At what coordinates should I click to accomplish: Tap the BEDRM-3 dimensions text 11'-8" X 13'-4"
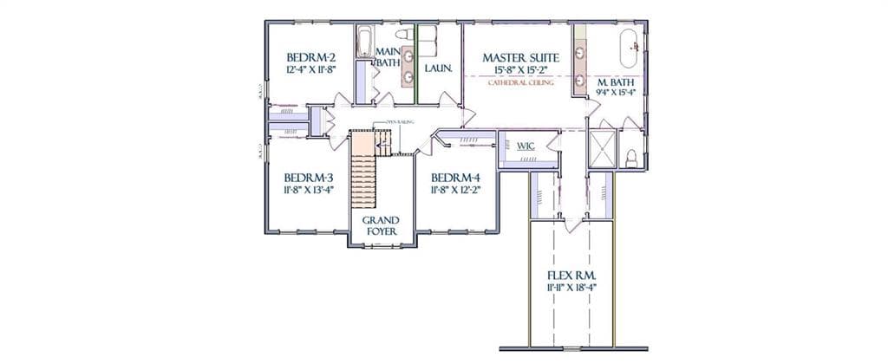click(308, 188)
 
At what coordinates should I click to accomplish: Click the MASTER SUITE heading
click(520, 58)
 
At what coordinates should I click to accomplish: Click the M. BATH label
click(617, 83)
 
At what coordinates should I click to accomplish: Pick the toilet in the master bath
click(632, 158)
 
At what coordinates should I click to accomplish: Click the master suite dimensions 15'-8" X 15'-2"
click(520, 71)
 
